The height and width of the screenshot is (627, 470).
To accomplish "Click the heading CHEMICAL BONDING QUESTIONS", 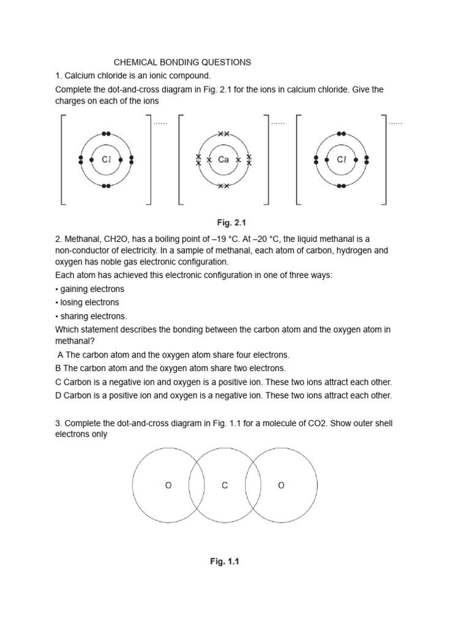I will (x=182, y=62).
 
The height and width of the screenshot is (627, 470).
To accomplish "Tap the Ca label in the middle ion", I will (x=223, y=160).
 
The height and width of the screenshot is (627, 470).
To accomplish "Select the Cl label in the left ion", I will (x=106, y=160).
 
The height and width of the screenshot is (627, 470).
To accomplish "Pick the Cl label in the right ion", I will (x=341, y=160).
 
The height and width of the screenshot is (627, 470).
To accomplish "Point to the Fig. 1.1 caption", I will (x=225, y=561).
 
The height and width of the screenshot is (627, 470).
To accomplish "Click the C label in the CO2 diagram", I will (x=225, y=486).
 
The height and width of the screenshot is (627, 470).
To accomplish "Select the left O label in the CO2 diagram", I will (x=168, y=486).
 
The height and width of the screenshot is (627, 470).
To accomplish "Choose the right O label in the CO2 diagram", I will (x=281, y=486).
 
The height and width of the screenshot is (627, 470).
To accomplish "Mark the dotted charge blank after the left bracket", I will (x=160, y=123).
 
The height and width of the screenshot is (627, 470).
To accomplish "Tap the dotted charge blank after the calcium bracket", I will (x=278, y=123).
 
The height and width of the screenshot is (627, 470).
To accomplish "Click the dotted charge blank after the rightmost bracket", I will (x=395, y=123).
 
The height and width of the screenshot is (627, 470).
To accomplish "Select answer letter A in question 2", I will (x=60, y=355).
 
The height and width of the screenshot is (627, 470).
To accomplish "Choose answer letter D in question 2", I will (x=58, y=396).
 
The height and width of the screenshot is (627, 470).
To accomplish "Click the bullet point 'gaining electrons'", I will (x=89, y=289).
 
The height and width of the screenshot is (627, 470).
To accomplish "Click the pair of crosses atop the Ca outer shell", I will (x=223, y=133).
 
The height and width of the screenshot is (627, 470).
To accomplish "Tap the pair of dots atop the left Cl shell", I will (x=106, y=133).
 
